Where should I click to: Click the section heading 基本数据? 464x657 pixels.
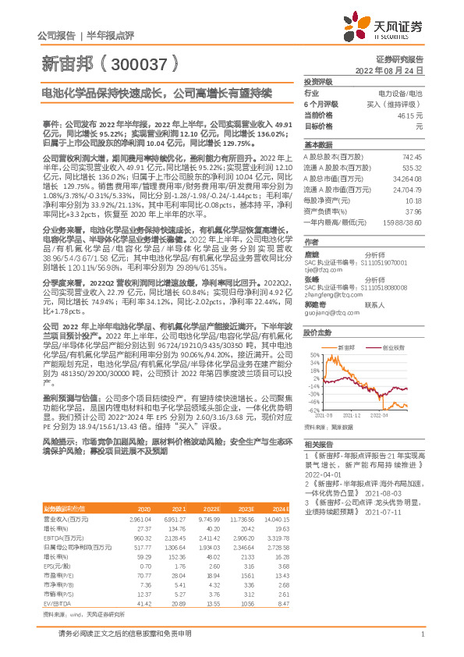click(316, 146)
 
